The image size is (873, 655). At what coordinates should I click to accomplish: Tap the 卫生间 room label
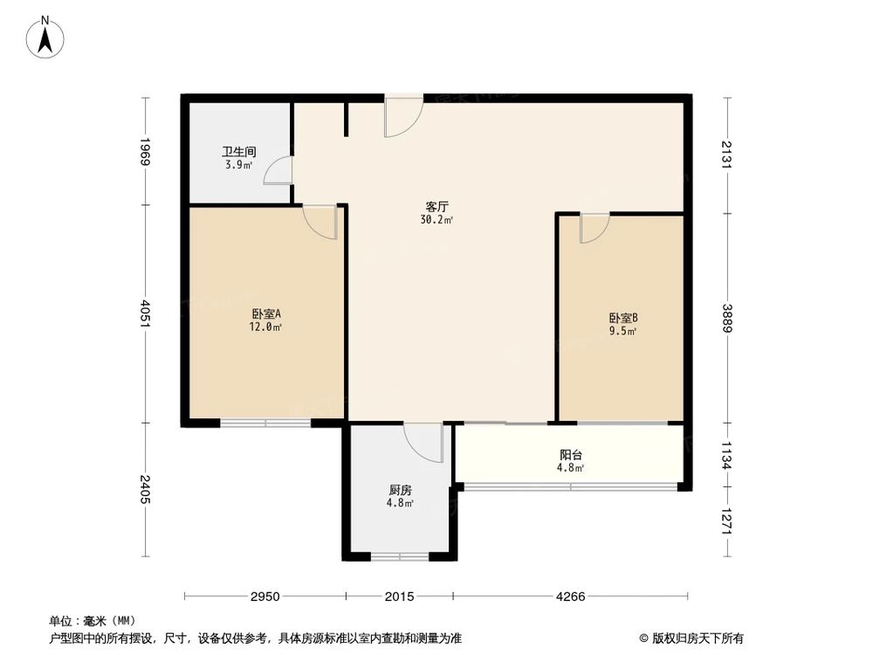click(237, 151)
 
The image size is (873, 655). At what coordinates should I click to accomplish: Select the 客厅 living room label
click(436, 207)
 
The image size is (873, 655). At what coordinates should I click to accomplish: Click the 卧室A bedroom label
click(266, 314)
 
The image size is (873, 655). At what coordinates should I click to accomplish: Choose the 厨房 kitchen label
click(401, 490)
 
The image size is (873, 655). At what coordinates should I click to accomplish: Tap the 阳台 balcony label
click(571, 454)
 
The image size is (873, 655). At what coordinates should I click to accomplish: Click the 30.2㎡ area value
click(436, 220)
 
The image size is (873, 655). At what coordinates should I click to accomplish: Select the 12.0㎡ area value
click(266, 327)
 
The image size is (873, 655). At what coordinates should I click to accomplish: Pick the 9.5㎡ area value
click(623, 331)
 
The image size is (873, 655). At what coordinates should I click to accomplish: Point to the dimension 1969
click(146, 152)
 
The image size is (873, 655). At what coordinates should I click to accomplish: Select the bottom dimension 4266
click(570, 596)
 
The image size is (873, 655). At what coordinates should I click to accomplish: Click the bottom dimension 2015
click(400, 596)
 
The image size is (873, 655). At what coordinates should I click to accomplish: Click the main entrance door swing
click(402, 116)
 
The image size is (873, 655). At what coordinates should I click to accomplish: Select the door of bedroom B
click(594, 228)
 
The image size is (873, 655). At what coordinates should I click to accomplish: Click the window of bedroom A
click(265, 424)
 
